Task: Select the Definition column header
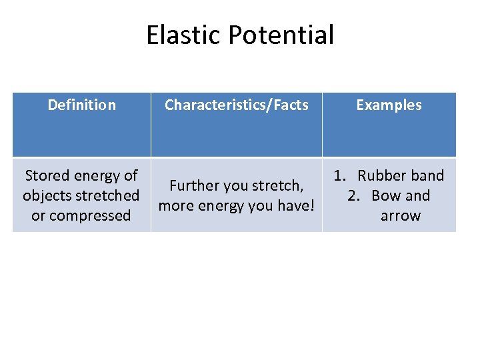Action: pos(81,105)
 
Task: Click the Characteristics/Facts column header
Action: pos(236,105)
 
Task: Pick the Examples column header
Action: pos(389,105)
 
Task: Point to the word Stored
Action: pos(47,176)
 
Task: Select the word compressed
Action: pos(91,216)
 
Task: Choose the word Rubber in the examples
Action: pos(381,176)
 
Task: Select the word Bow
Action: pos(386,196)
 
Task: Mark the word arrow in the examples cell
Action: pos(400,216)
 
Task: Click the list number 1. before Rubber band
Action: pos(341,176)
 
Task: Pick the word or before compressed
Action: pos(39,216)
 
